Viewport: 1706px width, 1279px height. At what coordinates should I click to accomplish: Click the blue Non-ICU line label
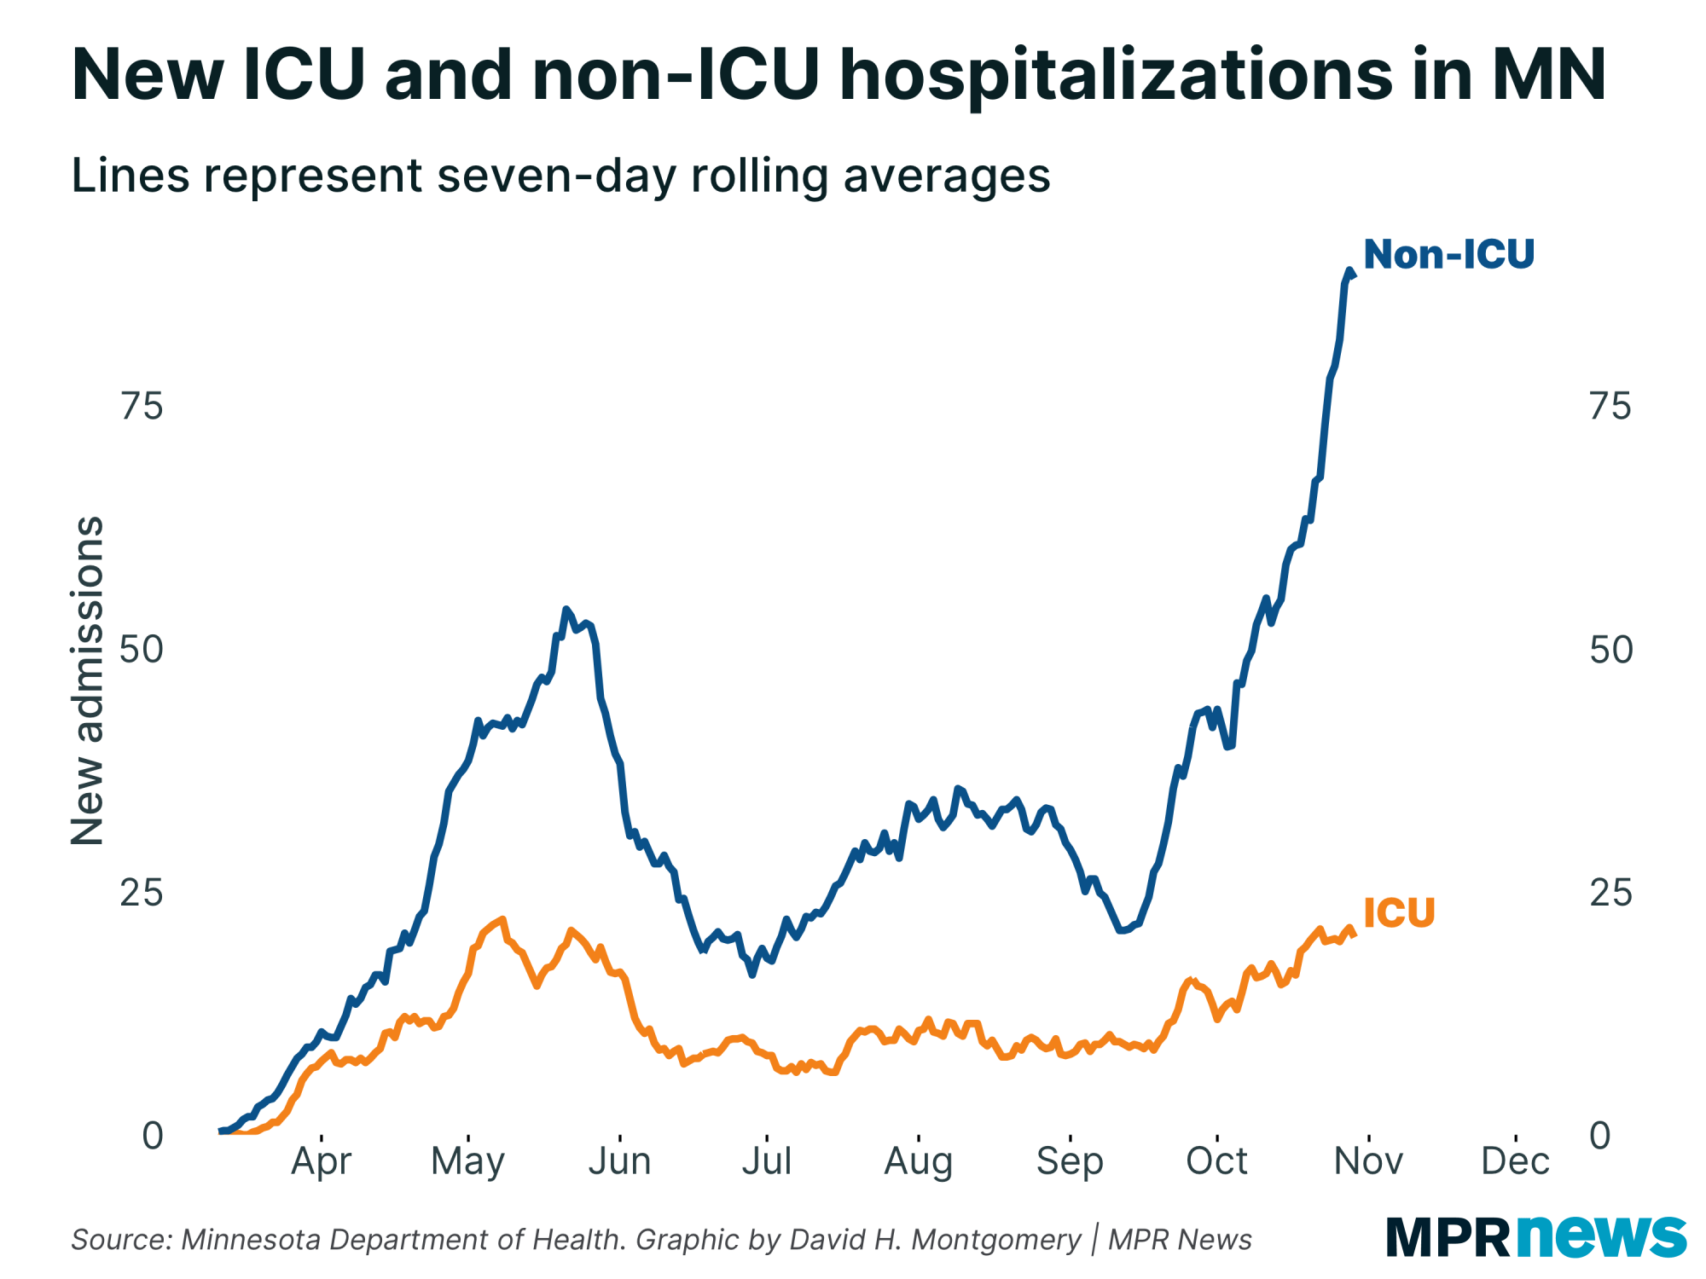[1448, 254]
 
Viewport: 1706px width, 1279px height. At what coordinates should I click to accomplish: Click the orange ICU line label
[1399, 912]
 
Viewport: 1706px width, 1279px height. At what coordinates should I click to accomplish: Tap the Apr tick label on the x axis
[321, 1160]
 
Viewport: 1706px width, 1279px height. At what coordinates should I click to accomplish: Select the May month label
[467, 1160]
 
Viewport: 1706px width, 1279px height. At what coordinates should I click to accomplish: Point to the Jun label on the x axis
[619, 1160]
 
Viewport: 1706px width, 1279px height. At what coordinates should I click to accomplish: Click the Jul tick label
[767, 1160]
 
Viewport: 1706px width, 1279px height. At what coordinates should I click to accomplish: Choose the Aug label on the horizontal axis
[918, 1160]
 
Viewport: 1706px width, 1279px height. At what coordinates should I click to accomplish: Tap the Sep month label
[1070, 1160]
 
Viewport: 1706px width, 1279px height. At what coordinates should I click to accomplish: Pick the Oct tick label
[1216, 1160]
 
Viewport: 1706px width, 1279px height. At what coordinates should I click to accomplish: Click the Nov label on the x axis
[1368, 1160]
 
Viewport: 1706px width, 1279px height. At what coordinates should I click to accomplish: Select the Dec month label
[1515, 1160]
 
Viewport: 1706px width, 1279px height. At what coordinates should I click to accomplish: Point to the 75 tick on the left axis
[142, 407]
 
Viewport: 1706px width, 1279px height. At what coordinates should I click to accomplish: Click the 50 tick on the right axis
[1611, 650]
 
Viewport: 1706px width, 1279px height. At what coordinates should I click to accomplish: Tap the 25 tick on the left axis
[142, 893]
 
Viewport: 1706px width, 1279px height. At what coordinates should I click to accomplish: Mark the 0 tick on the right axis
[1600, 1136]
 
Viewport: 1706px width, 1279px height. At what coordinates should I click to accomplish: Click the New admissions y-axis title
[87, 680]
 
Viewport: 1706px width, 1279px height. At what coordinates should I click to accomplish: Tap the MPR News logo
[1535, 1236]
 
